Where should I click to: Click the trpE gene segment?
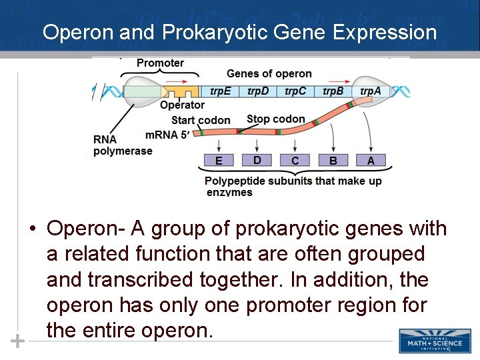(221, 91)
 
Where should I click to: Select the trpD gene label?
(258, 91)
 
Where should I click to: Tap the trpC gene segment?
(295, 91)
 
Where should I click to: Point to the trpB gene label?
(333, 91)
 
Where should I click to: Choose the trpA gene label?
(371, 91)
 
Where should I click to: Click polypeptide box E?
(219, 161)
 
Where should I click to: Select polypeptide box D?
(257, 160)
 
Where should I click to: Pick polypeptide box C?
(295, 161)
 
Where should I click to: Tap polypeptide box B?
(333, 161)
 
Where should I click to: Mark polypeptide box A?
(371, 161)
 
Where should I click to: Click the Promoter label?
(160, 63)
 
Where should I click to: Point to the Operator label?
(182, 105)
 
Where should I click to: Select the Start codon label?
(201, 121)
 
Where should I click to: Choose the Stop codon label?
(275, 119)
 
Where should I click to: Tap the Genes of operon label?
(269, 74)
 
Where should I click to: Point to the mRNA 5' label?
(167, 135)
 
